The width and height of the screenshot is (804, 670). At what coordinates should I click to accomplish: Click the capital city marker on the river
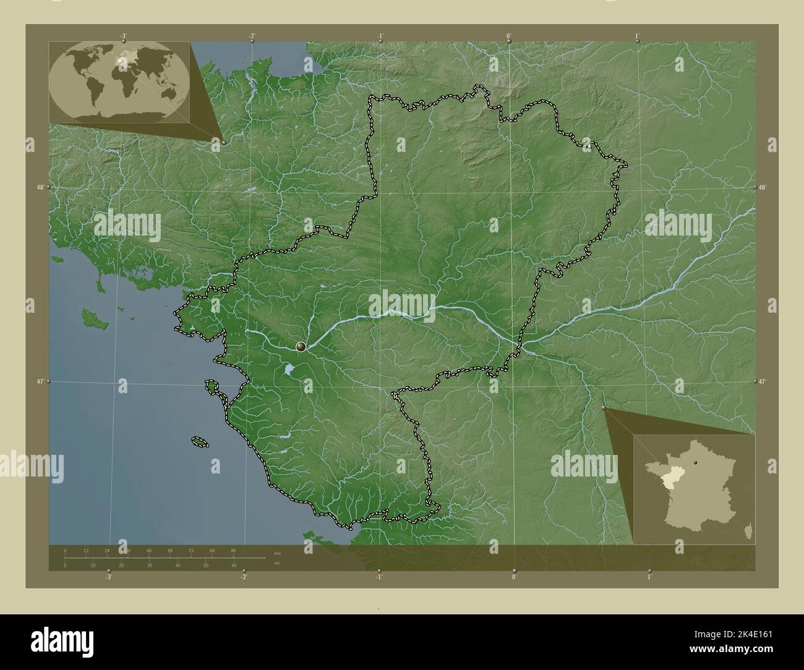(301, 347)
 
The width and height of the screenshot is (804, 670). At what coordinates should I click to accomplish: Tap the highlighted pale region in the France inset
(657, 483)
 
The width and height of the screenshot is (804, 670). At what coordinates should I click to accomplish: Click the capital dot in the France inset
(696, 462)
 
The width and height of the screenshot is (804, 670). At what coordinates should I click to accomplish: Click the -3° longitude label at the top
(124, 35)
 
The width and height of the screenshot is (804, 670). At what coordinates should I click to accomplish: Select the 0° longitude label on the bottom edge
(514, 577)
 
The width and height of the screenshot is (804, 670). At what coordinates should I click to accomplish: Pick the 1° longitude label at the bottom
(649, 577)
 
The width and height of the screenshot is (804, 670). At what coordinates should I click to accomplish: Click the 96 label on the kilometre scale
(233, 550)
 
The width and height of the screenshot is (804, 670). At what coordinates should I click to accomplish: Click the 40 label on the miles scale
(177, 566)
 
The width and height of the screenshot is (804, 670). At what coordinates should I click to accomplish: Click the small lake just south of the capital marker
(289, 371)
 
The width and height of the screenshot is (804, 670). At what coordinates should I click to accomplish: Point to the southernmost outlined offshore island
(200, 441)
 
